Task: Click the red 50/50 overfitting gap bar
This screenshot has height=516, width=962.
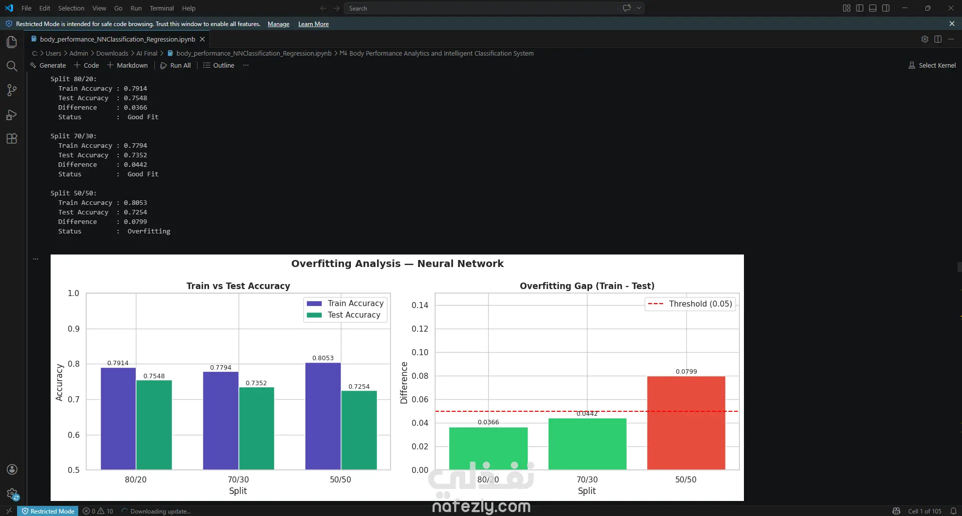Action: (686, 423)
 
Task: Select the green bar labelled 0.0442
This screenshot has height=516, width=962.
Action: (587, 444)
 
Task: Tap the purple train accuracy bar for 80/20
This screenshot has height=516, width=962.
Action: (118, 419)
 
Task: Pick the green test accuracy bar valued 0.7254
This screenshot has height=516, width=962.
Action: (359, 430)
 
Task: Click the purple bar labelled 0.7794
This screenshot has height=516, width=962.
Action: (221, 421)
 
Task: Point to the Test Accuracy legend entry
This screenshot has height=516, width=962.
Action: (344, 315)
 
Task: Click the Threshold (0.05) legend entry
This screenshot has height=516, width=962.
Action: (690, 304)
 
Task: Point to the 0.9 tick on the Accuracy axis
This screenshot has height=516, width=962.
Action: (74, 329)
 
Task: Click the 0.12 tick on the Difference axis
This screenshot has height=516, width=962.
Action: (420, 329)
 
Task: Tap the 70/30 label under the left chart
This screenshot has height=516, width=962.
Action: (238, 479)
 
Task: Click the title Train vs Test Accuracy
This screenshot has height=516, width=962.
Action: (238, 286)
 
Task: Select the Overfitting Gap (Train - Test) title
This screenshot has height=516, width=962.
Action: (587, 286)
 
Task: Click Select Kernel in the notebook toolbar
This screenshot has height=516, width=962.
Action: (932, 65)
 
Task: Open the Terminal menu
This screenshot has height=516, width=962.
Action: (162, 8)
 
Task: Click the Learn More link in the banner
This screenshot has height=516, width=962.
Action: (313, 24)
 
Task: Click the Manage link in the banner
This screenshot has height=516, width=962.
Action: (279, 24)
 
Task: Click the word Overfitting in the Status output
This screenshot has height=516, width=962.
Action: (149, 231)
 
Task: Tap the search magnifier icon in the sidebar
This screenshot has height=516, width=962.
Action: (12, 66)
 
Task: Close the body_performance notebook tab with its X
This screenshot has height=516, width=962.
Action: (203, 39)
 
